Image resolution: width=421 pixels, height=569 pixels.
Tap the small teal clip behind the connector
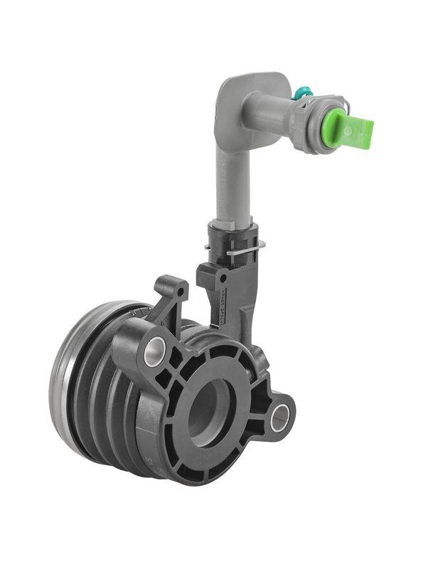[302, 92]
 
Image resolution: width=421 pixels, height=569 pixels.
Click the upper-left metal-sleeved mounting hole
[154, 351]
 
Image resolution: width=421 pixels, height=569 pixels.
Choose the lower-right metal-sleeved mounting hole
[279, 416]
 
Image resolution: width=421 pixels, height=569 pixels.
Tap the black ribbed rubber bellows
[107, 398]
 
